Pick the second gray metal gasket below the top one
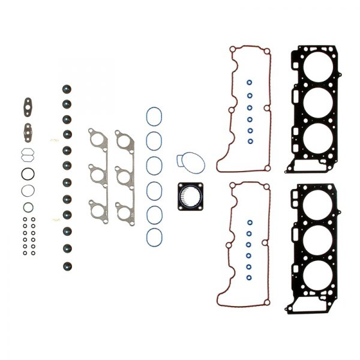tap(28, 130)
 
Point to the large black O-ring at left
tap(28, 174)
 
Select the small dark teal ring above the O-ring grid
tap(28, 208)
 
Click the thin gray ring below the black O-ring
tap(28, 191)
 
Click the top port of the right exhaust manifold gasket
tap(124, 143)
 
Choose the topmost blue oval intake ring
tap(154, 116)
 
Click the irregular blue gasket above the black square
tap(190, 161)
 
